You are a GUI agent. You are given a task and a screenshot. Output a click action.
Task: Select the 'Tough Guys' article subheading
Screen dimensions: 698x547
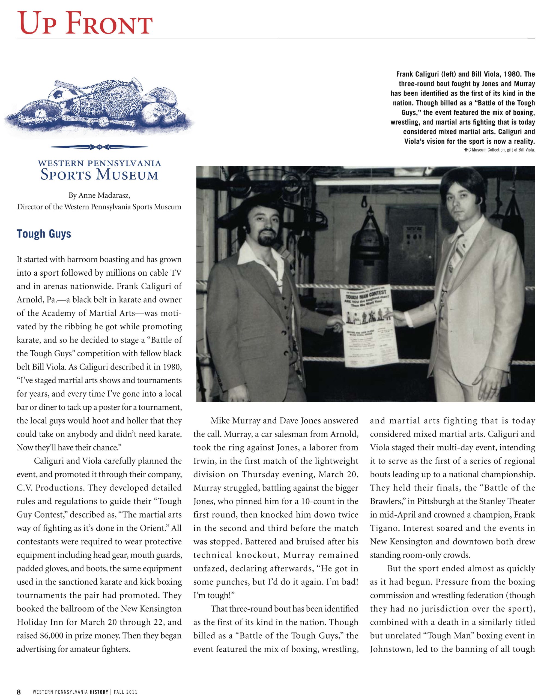44,234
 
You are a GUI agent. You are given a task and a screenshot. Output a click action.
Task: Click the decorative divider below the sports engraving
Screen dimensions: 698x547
99,147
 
